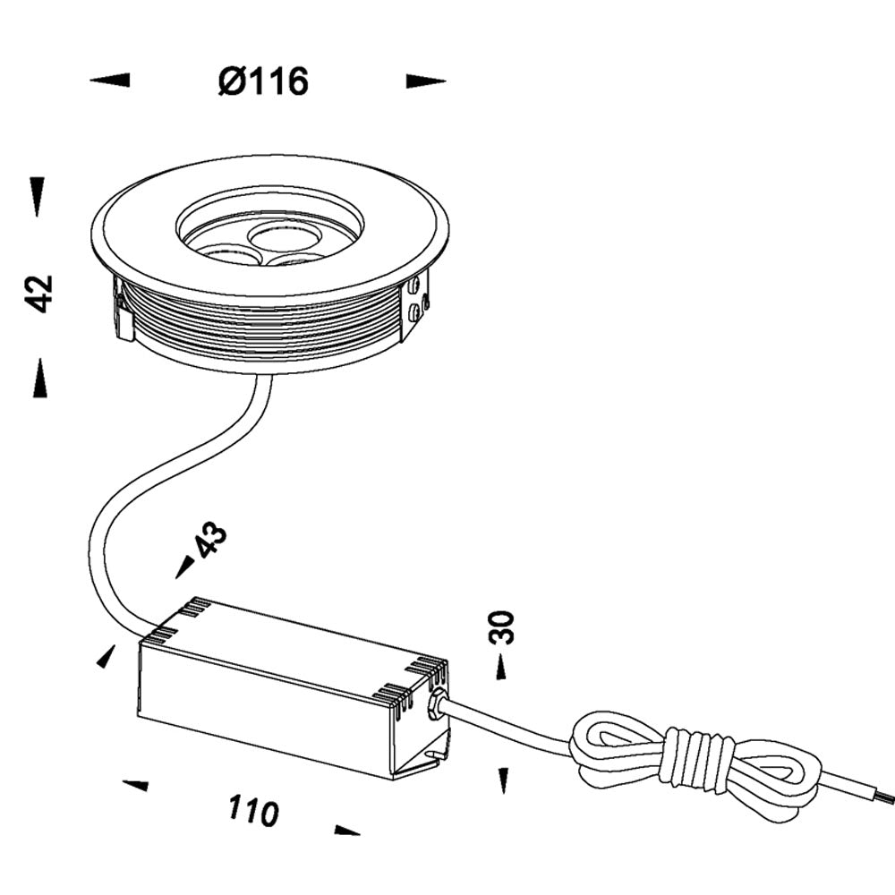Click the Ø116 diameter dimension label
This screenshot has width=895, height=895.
[x=263, y=82]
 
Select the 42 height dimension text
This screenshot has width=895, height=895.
[x=39, y=294]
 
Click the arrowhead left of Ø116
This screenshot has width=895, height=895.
[x=110, y=81]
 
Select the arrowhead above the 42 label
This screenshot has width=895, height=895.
[x=37, y=196]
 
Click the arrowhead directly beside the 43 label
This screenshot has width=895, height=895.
[x=185, y=566]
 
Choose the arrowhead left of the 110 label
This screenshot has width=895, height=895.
[x=135, y=785]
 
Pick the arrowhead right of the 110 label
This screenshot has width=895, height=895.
[x=346, y=831]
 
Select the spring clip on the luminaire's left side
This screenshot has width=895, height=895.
[x=123, y=313]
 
